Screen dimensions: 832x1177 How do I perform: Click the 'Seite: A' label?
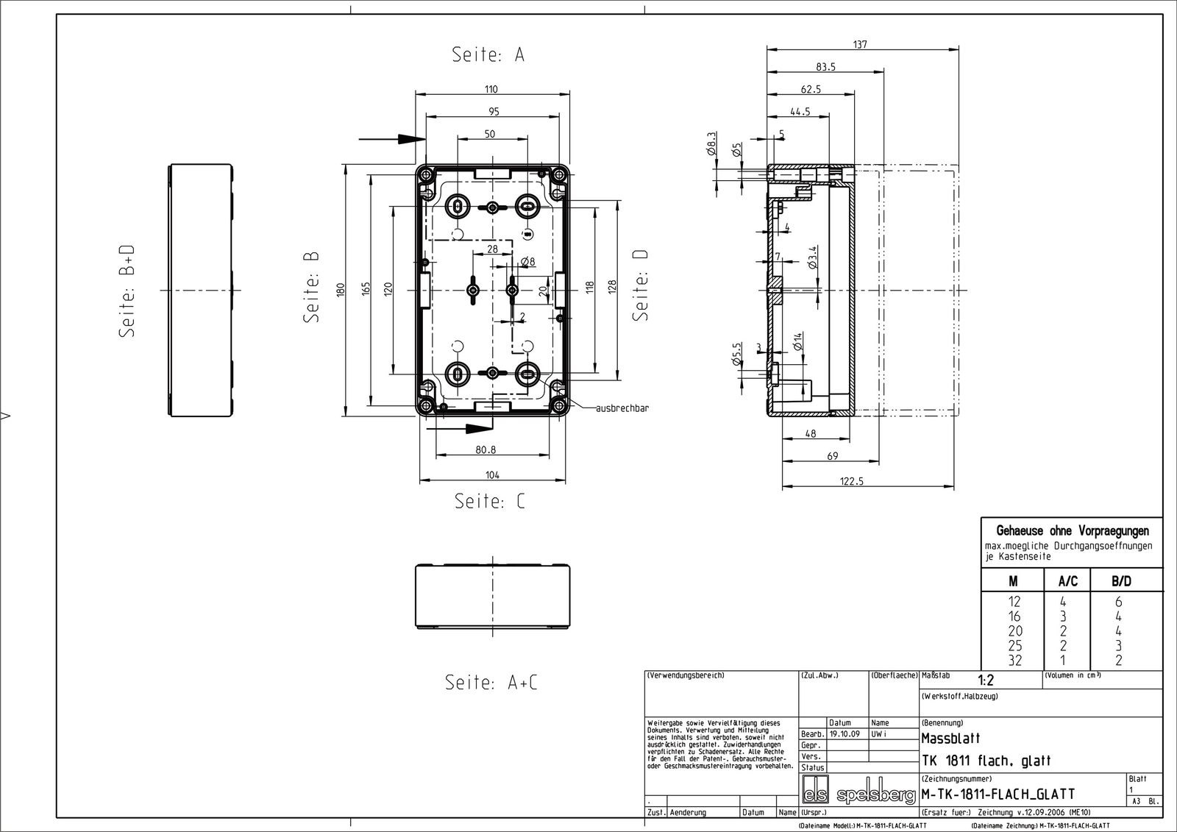tap(488, 55)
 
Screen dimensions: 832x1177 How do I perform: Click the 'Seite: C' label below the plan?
tap(490, 502)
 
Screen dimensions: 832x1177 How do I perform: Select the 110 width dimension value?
tap(491, 90)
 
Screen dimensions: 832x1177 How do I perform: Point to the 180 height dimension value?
tap(340, 290)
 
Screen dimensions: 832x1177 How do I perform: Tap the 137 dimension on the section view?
tap(860, 45)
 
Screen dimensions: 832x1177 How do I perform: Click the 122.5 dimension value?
tap(850, 481)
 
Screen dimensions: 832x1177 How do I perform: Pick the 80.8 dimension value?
tap(485, 449)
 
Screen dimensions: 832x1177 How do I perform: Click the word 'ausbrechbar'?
tap(622, 408)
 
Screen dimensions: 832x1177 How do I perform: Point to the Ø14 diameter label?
tap(797, 341)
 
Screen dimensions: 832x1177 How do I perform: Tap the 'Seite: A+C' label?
tap(491, 683)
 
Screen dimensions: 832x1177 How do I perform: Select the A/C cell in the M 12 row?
tap(1063, 602)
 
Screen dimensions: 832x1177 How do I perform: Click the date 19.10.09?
tap(844, 734)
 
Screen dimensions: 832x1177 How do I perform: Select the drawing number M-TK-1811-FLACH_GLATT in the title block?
tap(998, 794)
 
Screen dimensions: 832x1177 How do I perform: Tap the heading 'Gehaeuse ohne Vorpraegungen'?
tap(1072, 530)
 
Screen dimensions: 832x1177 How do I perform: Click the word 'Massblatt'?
tap(950, 739)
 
